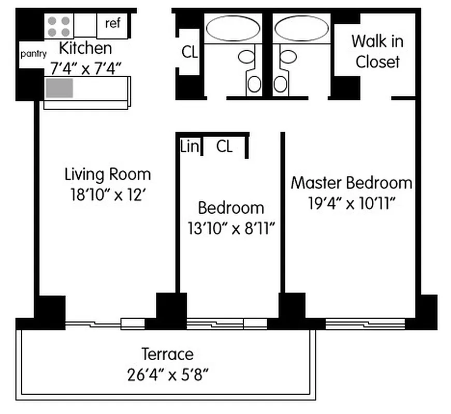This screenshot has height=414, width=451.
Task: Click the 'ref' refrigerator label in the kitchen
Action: coord(112,23)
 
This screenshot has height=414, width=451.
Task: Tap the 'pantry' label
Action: coord(33,54)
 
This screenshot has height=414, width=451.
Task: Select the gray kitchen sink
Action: coord(59,88)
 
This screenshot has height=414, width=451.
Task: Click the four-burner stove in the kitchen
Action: coord(59,26)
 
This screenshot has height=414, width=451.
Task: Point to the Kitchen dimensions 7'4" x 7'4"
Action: coord(85,67)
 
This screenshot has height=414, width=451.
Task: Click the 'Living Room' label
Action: coord(108,174)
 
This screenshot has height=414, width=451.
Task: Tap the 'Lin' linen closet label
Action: coord(190,147)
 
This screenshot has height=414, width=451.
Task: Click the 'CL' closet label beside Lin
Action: coord(224,147)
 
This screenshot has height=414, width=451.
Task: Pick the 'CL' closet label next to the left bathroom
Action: coord(190,52)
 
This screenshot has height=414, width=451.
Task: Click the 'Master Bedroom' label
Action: coord(352,183)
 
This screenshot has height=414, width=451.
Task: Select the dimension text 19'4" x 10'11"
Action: coord(352,203)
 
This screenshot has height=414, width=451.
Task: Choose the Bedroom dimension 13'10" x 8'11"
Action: coord(231,228)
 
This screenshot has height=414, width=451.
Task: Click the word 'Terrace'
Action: coord(167,354)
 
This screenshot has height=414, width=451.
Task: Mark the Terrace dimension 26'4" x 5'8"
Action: coord(167,374)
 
